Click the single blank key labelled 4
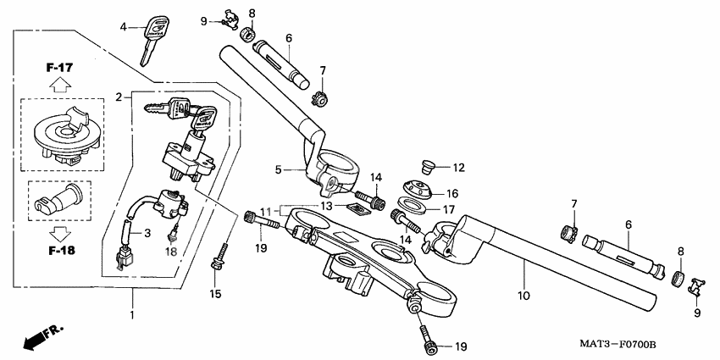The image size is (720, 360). click(149, 40)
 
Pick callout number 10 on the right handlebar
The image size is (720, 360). click(524, 296)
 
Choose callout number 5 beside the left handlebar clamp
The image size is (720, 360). click(278, 169)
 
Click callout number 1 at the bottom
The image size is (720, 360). click(131, 315)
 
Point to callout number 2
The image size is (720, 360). click(119, 97)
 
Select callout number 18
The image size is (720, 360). click(171, 252)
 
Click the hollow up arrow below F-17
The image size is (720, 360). click(58, 84)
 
